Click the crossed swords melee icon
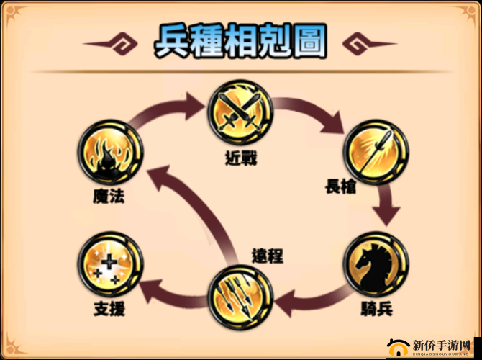240,112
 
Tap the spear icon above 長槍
376,152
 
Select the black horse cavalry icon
376,264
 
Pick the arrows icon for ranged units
240,297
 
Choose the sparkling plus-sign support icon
111,264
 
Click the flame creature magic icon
111,152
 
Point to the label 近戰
241,158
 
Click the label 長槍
340,186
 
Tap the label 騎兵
376,309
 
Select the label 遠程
268,256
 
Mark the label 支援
109,309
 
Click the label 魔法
109,196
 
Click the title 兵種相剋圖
240,41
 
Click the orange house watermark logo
398,348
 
